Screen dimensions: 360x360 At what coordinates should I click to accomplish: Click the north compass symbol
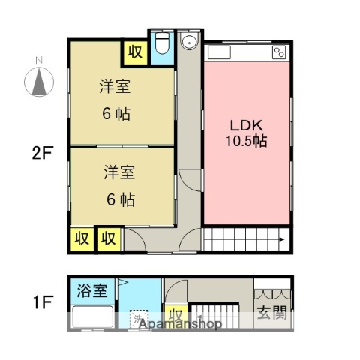pyautogui.click(x=38, y=82)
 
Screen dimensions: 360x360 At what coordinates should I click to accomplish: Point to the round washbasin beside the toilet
pyautogui.click(x=189, y=42)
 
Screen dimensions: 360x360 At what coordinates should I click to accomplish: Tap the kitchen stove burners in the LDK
pyautogui.click(x=279, y=52)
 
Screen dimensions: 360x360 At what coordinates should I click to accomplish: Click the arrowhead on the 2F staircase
pyautogui.click(x=281, y=239)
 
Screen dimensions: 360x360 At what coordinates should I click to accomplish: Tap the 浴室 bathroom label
pyautogui.click(x=91, y=289)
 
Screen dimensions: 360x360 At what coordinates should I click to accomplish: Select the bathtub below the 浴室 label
pyautogui.click(x=91, y=317)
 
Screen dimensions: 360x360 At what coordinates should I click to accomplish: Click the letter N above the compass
pyautogui.click(x=38, y=60)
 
